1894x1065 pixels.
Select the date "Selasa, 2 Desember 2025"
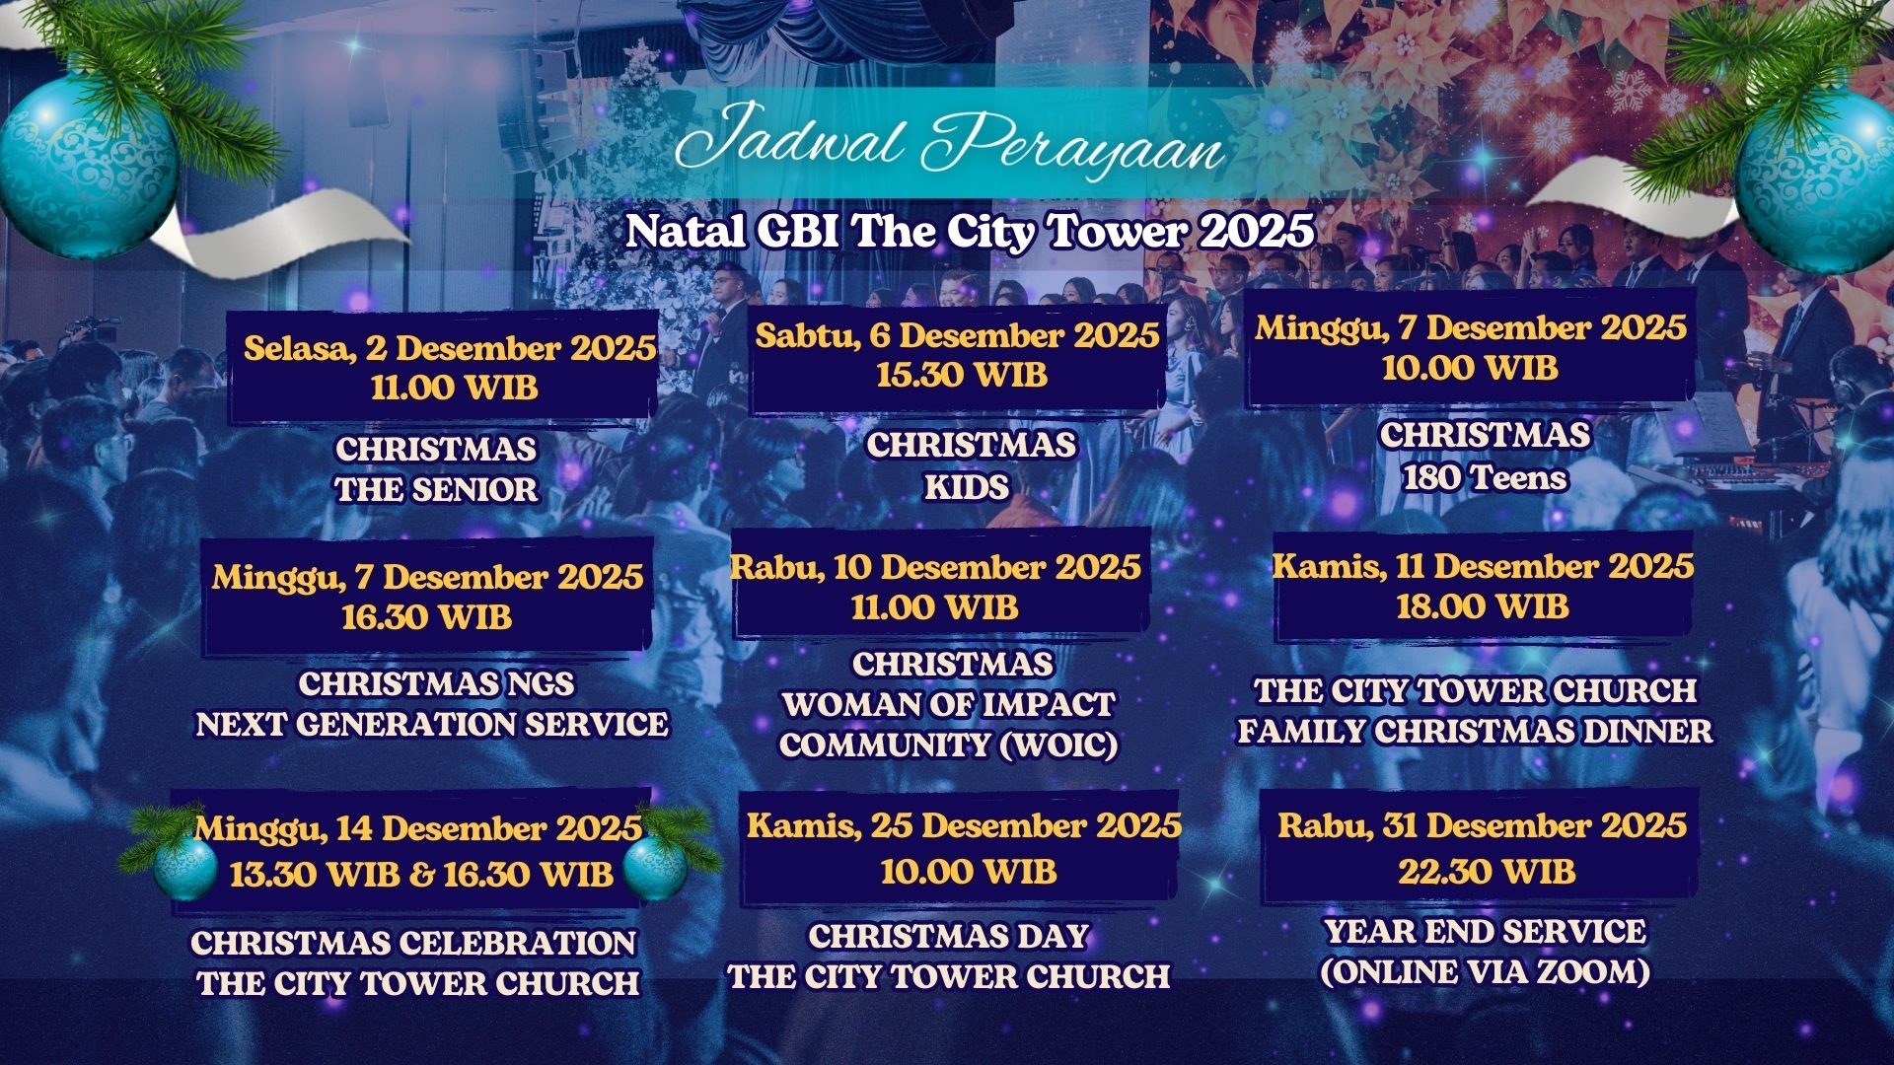click(450, 348)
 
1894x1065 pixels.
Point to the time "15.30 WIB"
click(962, 375)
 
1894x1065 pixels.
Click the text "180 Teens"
click(1485, 478)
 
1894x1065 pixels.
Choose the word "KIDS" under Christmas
click(967, 487)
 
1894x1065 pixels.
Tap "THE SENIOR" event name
click(436, 490)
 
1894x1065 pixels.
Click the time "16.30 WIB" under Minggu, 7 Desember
click(426, 617)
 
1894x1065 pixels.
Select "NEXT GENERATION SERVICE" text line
click(432, 725)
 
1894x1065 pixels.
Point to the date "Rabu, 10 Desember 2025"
click(935, 567)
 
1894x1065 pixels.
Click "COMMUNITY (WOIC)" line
click(949, 745)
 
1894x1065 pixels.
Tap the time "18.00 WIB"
click(1483, 606)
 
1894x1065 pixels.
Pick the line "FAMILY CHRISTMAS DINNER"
click(1476, 732)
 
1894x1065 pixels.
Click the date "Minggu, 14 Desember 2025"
click(418, 828)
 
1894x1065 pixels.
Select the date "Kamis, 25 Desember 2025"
click(964, 825)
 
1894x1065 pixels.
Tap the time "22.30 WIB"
click(1487, 872)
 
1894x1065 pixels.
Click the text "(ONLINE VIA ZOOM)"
click(1486, 973)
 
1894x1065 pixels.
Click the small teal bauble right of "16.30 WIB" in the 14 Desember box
click(655, 868)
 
